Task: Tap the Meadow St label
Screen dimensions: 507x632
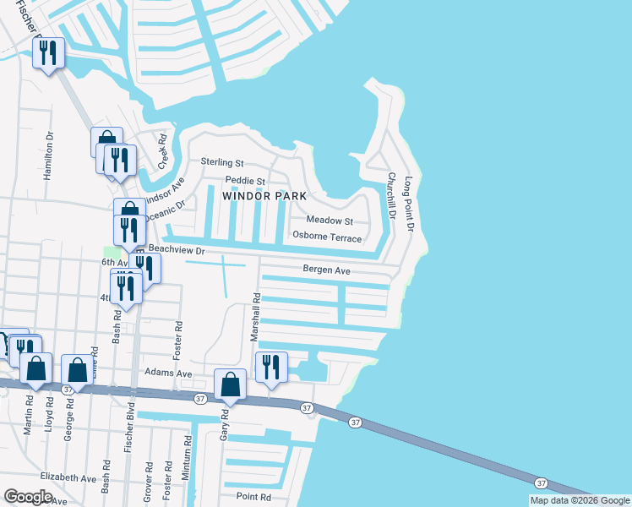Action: (329, 220)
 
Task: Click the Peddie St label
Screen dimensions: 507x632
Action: (245, 181)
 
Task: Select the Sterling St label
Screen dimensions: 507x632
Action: (221, 162)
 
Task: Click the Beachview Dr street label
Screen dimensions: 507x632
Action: (177, 251)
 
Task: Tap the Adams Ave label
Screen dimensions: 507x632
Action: (168, 373)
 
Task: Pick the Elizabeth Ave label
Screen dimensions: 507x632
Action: (68, 477)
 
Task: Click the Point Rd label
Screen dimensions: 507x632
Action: (253, 497)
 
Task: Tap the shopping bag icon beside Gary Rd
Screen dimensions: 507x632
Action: (231, 384)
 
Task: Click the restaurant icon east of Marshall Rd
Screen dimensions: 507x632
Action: (271, 366)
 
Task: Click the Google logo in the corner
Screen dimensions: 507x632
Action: (28, 497)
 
